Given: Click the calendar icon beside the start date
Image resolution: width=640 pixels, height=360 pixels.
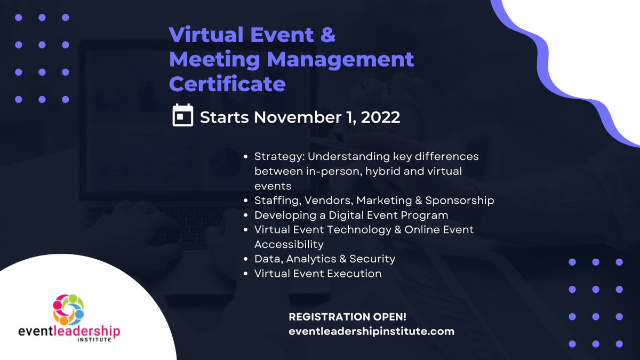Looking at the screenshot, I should click(183, 116).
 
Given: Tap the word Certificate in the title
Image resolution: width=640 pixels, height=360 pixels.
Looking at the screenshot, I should click(227, 83).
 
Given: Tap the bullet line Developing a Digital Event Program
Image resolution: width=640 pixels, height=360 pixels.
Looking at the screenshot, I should click(351, 215).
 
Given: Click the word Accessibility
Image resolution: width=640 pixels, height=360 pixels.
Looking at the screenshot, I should click(289, 244).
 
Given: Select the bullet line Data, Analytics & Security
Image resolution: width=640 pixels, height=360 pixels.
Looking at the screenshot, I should click(324, 259).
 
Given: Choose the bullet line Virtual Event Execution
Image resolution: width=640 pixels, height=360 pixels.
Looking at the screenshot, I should click(318, 274).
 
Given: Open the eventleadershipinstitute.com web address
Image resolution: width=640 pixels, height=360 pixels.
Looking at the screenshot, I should click(371, 331).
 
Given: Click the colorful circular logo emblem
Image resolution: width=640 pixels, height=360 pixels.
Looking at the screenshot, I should click(68, 309).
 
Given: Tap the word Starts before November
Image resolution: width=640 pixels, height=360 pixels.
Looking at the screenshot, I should click(224, 117).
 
